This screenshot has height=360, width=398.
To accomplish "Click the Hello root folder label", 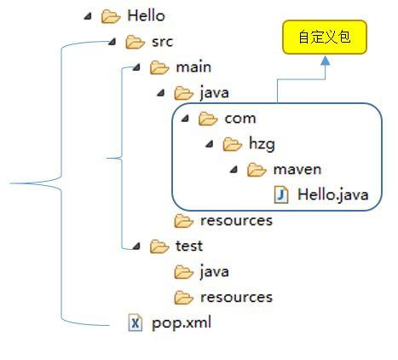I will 146,15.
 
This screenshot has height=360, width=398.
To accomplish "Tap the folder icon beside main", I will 160,67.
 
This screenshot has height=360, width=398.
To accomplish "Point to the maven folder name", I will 297,169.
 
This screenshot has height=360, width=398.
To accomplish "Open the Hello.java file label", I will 333,195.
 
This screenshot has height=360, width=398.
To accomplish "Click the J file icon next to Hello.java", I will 282,195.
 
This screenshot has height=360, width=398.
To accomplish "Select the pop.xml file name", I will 182,322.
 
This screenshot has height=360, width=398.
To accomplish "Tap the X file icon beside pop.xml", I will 136,322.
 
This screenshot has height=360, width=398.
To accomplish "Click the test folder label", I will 188,246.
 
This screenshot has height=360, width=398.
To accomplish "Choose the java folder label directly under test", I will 214,271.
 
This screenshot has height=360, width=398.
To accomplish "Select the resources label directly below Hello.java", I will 236,220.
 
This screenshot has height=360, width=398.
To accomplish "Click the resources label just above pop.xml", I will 236,297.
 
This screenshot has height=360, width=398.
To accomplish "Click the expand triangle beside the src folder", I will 114,41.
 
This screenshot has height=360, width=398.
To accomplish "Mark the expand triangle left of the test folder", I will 138,246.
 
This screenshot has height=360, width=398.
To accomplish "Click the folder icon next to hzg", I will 233,143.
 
